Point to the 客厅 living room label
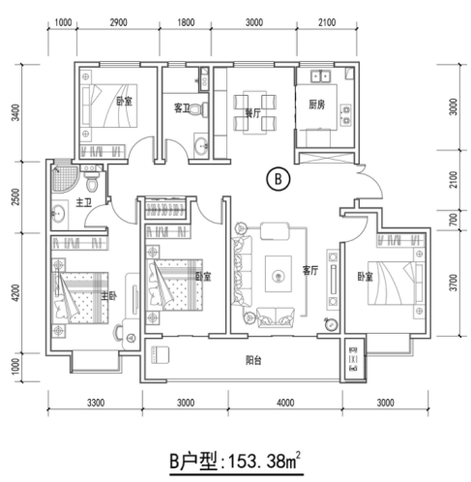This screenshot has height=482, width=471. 310,271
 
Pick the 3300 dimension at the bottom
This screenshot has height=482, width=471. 95,403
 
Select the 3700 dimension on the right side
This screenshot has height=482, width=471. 454,286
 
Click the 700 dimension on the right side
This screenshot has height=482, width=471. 454,219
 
